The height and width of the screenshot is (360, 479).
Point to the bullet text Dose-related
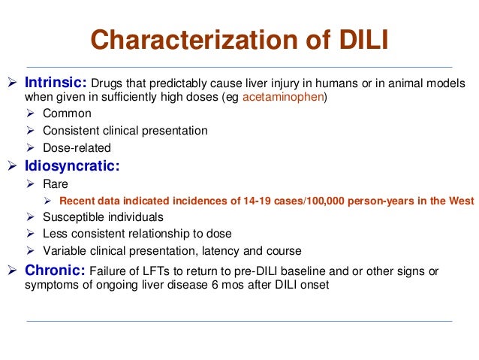(x=77, y=148)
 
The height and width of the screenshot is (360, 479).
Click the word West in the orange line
(x=460, y=201)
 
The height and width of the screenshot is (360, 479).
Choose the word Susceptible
(x=74, y=217)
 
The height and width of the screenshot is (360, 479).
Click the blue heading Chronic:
(x=55, y=270)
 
